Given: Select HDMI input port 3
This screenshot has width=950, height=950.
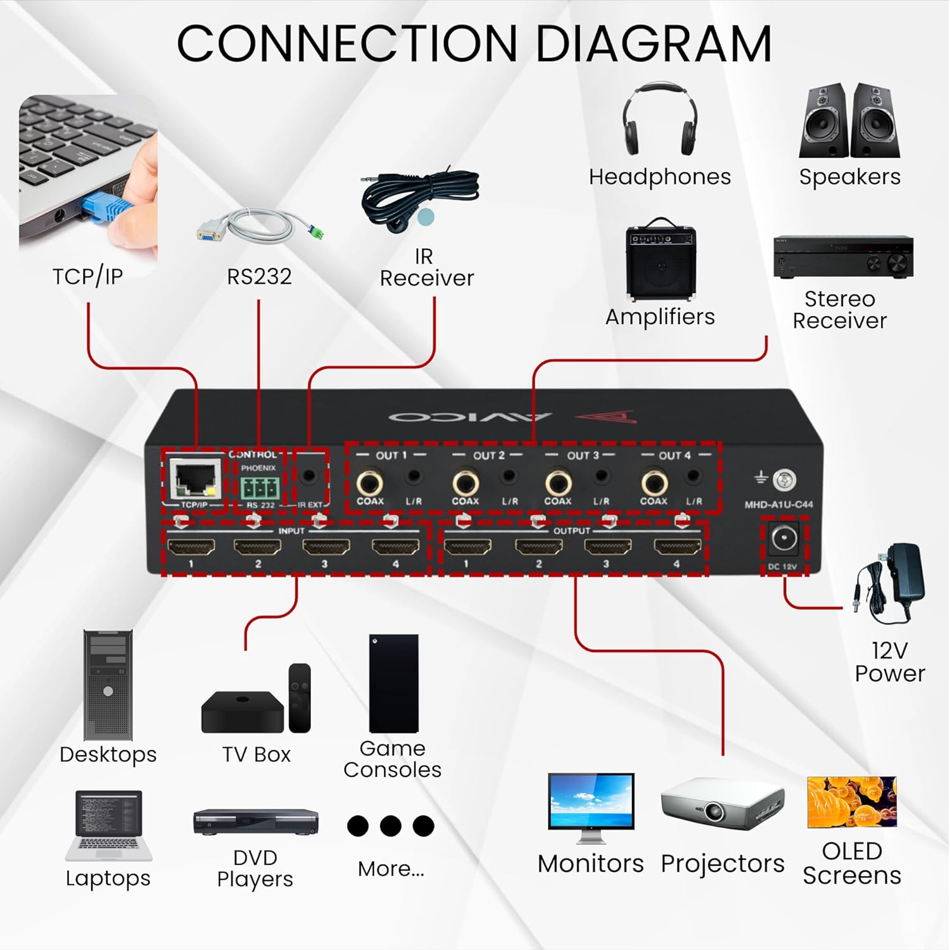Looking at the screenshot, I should click(326, 547).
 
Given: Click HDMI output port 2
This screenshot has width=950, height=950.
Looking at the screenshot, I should click(538, 547).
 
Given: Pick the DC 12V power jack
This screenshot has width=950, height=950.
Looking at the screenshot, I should click(784, 540).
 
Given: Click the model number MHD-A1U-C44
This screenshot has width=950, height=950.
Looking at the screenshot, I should click(778, 505).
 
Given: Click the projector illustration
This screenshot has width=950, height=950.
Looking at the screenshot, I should click(722, 807).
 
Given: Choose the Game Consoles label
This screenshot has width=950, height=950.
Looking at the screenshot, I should click(392, 759).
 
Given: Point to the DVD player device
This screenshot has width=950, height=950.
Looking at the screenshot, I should click(255, 821).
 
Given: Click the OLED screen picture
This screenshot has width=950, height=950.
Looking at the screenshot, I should click(852, 802).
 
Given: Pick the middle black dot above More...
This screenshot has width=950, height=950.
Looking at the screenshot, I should click(390, 826).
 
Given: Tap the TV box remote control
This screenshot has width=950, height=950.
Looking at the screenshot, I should click(300, 698).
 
